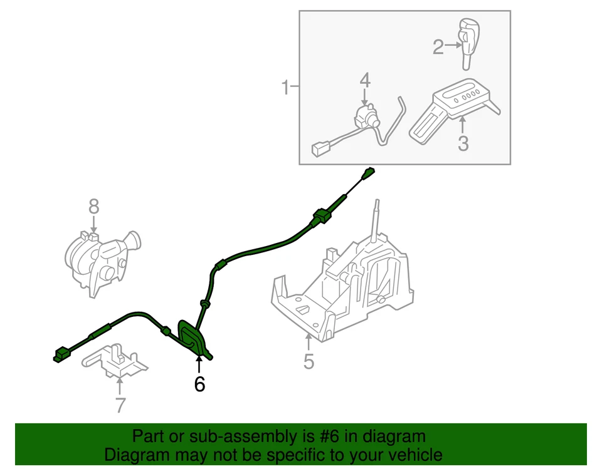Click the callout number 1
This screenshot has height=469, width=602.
(x=285, y=88)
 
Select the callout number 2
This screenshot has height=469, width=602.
(x=438, y=46)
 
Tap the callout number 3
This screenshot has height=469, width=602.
(x=463, y=143)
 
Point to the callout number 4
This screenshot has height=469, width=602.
(x=365, y=80)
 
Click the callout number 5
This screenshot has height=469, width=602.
(x=308, y=361)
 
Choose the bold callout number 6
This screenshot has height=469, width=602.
(x=199, y=383)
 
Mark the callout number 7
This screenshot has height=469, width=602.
(x=120, y=405)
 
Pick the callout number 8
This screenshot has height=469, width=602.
(x=93, y=205)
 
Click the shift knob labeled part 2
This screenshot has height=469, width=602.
(x=468, y=41)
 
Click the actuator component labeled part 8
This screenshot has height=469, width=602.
(x=100, y=260)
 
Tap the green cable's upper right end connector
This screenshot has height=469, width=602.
(x=369, y=173)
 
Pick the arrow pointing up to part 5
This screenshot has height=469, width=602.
(x=308, y=343)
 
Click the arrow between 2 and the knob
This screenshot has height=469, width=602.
(x=453, y=46)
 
